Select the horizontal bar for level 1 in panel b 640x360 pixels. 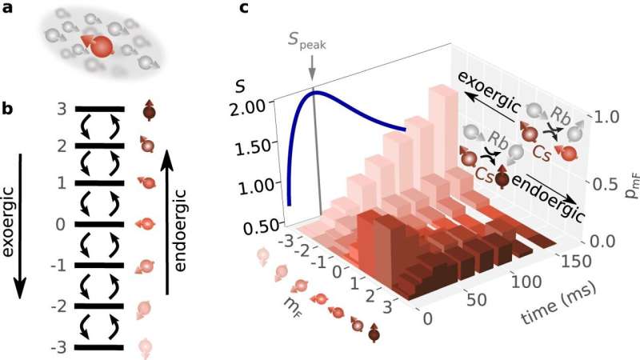click(x=98, y=185)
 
